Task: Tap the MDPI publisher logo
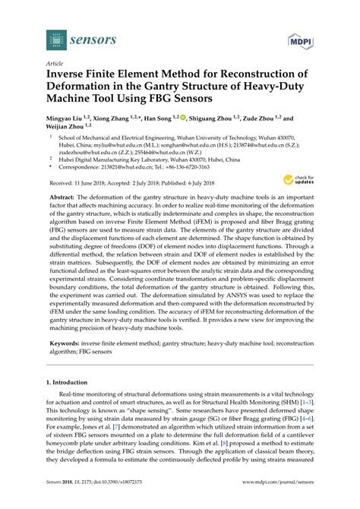click(x=298, y=39)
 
